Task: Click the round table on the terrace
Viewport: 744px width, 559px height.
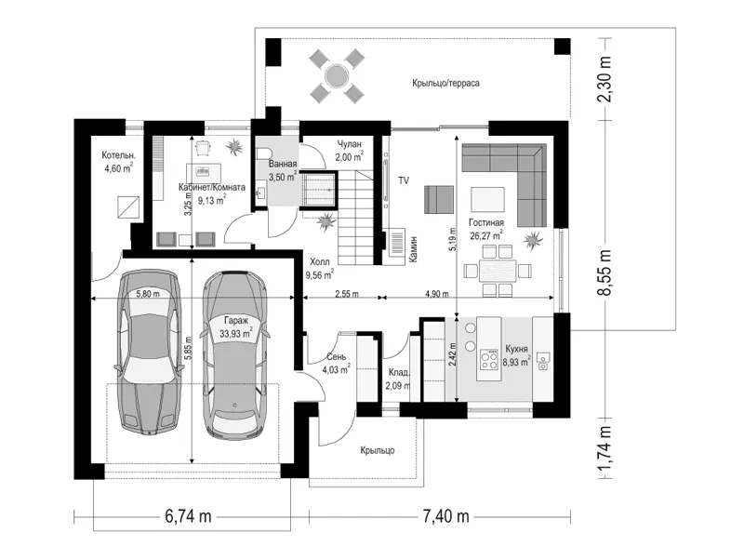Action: pyautogui.click(x=338, y=75)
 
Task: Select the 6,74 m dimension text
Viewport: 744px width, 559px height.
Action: pyautogui.click(x=188, y=515)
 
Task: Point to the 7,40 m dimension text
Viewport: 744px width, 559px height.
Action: pyautogui.click(x=446, y=515)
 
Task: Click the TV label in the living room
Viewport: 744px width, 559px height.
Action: pyautogui.click(x=404, y=180)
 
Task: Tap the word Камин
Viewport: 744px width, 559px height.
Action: pyautogui.click(x=414, y=249)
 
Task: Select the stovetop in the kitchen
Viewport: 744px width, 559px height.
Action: pyautogui.click(x=489, y=359)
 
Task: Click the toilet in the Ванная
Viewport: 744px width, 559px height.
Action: pyautogui.click(x=262, y=153)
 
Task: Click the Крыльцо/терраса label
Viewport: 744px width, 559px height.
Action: pyautogui.click(x=445, y=83)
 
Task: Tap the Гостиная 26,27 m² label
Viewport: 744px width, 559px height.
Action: pyautogui.click(x=486, y=229)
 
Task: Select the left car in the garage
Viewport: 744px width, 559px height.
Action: pyautogui.click(x=149, y=352)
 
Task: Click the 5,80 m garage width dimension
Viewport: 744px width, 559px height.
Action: pyautogui.click(x=148, y=294)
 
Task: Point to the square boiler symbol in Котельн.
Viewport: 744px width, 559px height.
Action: pyautogui.click(x=128, y=206)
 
